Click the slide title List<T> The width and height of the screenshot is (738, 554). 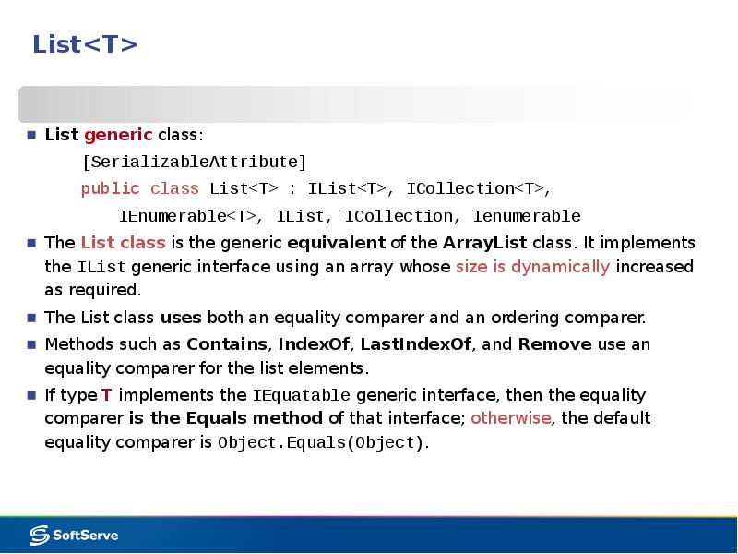[85, 44]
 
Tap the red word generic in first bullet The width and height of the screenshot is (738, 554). [119, 135]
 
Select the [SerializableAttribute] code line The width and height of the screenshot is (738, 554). [195, 163]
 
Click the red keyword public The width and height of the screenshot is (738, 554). [111, 189]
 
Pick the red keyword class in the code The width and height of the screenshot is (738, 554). [174, 189]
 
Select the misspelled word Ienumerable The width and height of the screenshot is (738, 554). [527, 216]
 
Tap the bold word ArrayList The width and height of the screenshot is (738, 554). [485, 243]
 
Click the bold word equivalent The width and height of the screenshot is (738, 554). [336, 243]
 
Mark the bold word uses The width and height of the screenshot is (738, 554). [181, 318]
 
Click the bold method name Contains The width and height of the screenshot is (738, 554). [227, 344]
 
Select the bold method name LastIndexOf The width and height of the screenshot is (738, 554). [416, 344]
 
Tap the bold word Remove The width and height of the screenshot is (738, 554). [555, 344]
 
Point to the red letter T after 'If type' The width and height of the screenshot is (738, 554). [106, 395]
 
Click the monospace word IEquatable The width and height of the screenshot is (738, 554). [302, 395]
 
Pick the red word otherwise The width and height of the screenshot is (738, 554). [511, 418]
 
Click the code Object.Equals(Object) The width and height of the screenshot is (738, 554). [321, 443]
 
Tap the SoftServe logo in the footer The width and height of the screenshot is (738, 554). [74, 536]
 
